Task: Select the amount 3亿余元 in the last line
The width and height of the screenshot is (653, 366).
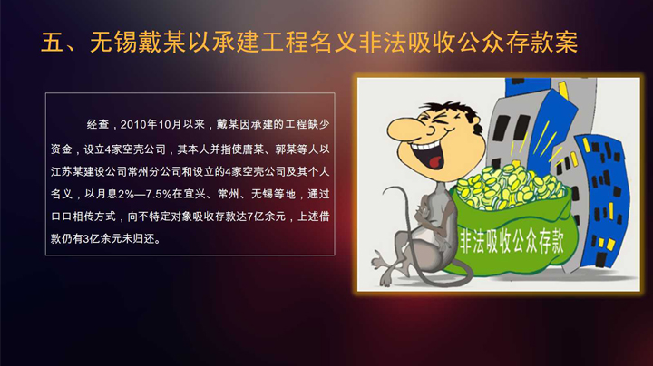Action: [x=104, y=241]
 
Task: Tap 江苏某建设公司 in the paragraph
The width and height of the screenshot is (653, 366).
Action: [x=86, y=170]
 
